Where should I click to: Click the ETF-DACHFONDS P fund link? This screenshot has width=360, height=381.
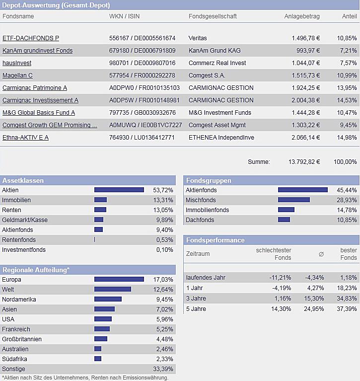[31, 38]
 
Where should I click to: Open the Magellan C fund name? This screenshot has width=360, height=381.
[17, 76]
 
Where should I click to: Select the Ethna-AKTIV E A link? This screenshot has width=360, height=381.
[25, 138]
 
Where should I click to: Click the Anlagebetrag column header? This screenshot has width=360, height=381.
[302, 16]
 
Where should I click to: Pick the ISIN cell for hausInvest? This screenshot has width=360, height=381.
[142, 63]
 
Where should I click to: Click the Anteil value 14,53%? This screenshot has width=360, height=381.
[347, 100]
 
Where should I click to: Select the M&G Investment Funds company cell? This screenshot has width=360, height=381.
[220, 113]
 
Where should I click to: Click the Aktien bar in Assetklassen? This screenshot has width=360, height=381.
[119, 190]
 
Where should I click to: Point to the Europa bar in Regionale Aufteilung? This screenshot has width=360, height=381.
[119, 280]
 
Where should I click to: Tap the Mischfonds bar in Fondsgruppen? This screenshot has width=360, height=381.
[294, 200]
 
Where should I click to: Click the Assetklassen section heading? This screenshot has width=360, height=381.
[23, 181]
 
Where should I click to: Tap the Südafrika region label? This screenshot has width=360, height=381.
[14, 359]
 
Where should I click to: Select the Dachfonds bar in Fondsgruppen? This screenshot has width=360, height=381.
[284, 220]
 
